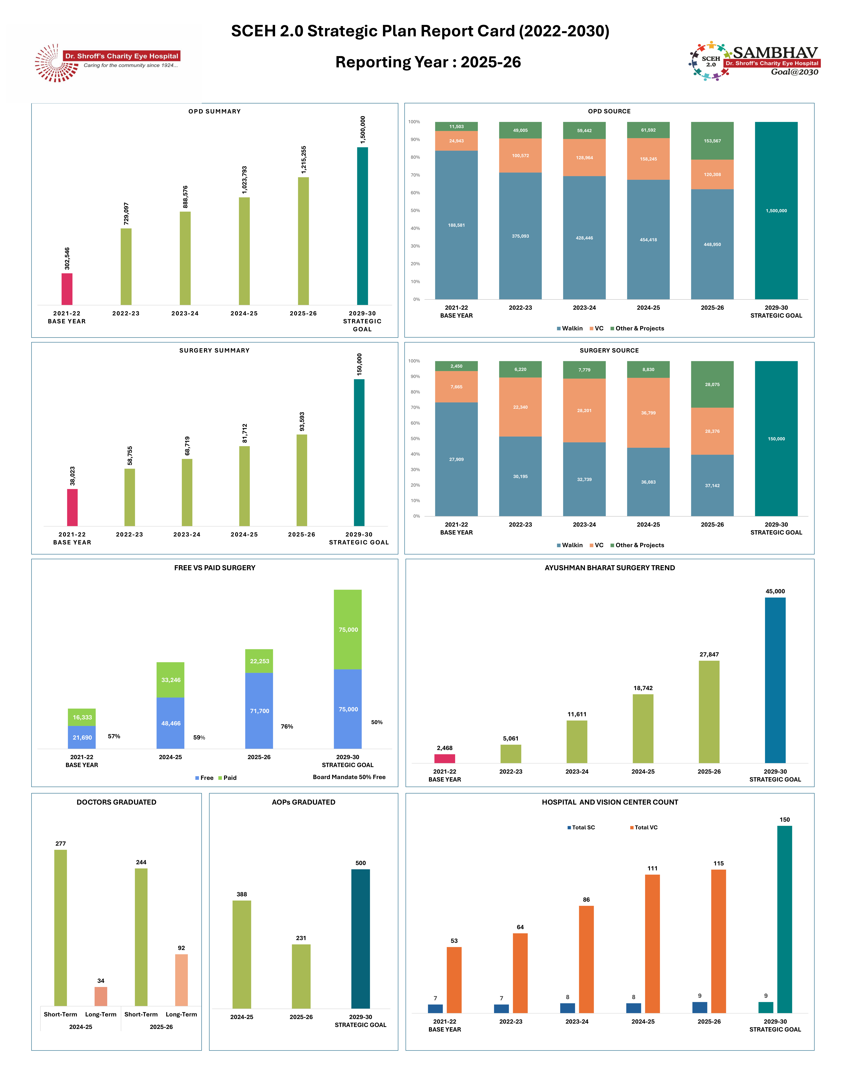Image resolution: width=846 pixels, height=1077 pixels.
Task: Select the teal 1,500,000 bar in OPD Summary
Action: point(363,226)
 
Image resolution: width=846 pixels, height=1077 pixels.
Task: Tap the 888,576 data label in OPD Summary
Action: point(185,197)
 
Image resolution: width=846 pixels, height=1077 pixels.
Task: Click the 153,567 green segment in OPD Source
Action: point(712,141)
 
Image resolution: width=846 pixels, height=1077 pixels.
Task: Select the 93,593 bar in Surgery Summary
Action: point(302,480)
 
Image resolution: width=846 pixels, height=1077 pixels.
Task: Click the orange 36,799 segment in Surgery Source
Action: point(648,413)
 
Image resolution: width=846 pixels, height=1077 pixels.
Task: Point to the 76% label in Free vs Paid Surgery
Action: point(287,727)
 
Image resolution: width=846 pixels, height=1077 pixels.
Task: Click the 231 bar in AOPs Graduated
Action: point(301,976)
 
